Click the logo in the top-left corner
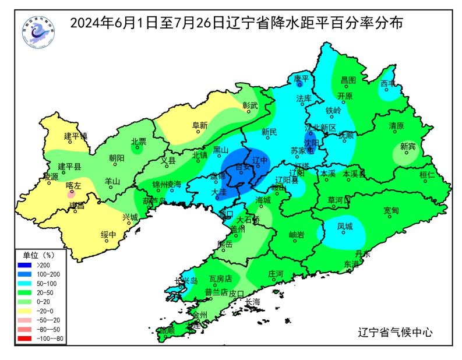click(38, 32)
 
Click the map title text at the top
click(237, 23)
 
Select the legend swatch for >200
click(33, 266)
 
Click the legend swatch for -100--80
click(33, 338)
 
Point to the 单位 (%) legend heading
click(38, 255)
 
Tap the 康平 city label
click(301, 78)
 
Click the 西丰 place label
click(388, 84)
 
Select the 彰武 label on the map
click(250, 105)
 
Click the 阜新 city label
click(199, 125)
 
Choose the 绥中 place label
click(108, 235)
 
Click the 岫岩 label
click(297, 234)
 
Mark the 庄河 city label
click(275, 273)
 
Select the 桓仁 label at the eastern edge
click(427, 174)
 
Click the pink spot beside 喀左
click(70, 195)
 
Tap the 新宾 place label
click(408, 146)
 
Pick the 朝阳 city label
click(117, 158)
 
